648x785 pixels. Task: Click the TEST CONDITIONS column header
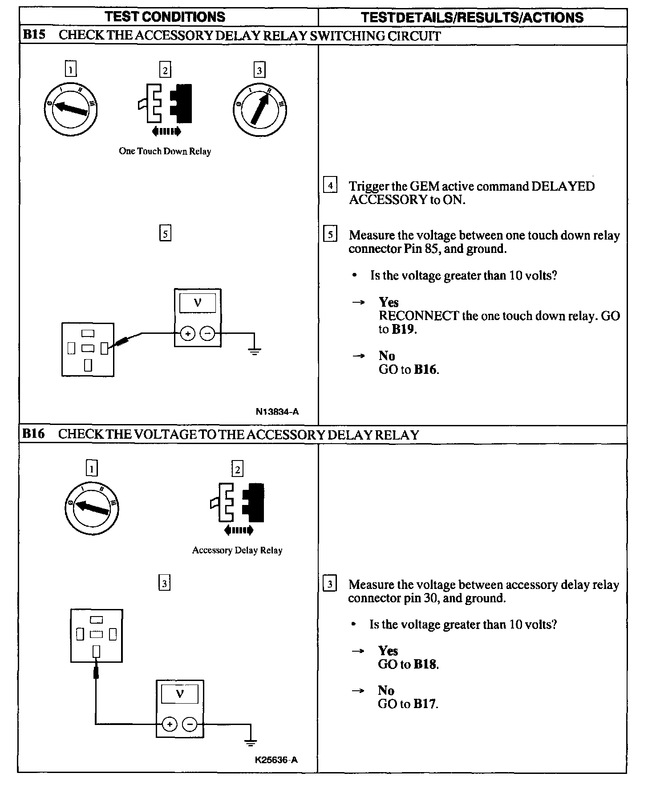(165, 17)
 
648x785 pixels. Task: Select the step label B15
(34, 35)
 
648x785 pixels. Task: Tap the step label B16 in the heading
(34, 434)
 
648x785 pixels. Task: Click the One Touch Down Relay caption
(165, 151)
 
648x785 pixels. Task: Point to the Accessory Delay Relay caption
(237, 550)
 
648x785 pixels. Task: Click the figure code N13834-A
(277, 412)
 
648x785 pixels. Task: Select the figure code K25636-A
(276, 760)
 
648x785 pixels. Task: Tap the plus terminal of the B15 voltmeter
(188, 333)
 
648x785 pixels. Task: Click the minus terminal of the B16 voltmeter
(190, 725)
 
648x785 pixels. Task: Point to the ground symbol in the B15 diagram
(254, 351)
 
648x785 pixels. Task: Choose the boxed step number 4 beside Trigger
(330, 184)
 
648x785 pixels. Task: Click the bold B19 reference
(403, 329)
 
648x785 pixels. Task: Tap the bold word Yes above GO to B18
(388, 651)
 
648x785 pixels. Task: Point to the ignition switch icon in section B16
(92, 507)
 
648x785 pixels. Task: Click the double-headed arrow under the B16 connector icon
(239, 530)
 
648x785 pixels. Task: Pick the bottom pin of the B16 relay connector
(96, 652)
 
